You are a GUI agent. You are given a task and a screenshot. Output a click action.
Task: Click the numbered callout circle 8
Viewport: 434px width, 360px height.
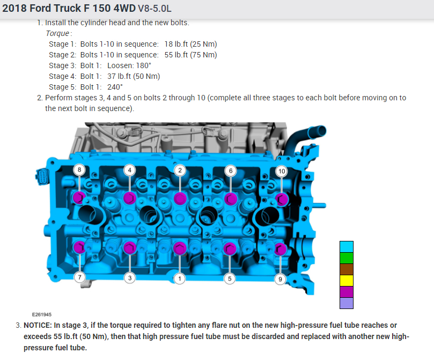coord(79,170)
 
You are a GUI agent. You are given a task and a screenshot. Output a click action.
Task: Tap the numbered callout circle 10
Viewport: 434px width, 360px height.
coord(282,171)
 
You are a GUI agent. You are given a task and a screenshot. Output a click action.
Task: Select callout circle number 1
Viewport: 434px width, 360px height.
coord(180,278)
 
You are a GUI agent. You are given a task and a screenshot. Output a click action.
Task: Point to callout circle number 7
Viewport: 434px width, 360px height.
coord(80,277)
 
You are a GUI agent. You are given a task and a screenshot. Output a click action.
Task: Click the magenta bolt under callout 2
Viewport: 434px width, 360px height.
coord(180,199)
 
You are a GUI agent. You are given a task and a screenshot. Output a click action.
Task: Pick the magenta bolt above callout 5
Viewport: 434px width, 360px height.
coord(230,248)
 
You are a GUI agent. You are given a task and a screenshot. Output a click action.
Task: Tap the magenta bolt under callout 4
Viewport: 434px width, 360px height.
coord(129,198)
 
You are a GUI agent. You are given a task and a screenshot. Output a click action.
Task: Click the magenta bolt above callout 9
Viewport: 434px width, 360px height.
coord(280,249)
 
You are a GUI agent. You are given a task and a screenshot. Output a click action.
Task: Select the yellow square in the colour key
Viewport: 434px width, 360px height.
coord(347,280)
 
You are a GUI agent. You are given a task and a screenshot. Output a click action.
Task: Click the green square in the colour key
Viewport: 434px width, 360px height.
coord(347,258)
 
